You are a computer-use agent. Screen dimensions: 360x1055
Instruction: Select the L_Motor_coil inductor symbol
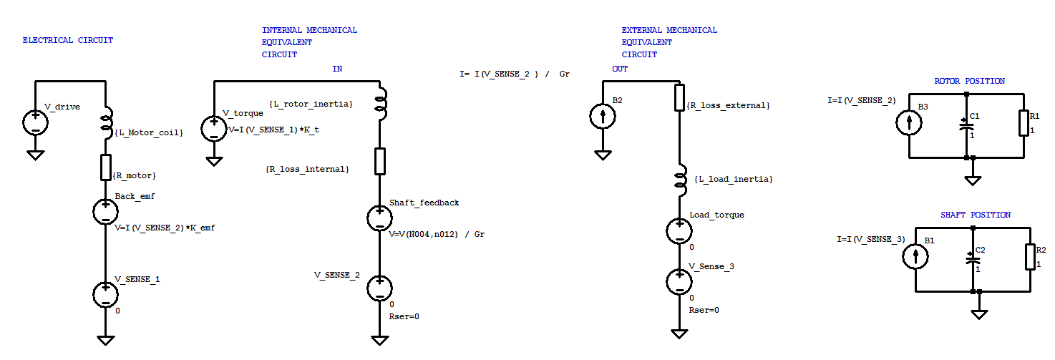point(105,122)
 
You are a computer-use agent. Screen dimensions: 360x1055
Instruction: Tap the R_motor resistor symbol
point(105,167)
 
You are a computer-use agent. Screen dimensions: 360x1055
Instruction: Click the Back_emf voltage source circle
point(105,211)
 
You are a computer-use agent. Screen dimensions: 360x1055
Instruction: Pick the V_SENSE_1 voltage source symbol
point(105,293)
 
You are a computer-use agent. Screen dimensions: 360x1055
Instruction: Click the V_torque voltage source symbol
point(213,128)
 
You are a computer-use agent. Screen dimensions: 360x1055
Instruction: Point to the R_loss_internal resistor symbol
point(379,162)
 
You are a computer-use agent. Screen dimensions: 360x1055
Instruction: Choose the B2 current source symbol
point(603,115)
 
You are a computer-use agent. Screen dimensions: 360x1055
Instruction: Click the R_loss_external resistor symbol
point(679,97)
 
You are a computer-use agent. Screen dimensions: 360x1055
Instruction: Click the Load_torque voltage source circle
point(679,230)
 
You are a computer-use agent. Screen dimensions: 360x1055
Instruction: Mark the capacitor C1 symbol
point(966,125)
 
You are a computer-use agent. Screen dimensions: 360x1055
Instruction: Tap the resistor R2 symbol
point(1030,257)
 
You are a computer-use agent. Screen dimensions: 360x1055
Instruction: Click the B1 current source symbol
point(915,257)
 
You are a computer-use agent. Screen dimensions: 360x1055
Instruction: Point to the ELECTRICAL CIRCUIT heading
point(68,41)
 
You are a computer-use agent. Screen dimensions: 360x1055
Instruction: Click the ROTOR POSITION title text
point(969,81)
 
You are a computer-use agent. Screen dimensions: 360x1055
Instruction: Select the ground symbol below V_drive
point(34,155)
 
